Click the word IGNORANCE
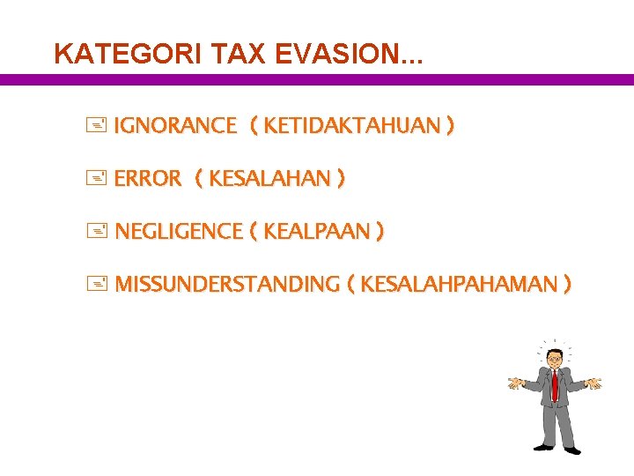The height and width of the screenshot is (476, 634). point(175,126)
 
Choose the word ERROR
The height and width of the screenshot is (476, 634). point(147,179)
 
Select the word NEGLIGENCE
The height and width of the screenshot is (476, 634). point(179,232)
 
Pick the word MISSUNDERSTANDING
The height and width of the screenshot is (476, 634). point(227,285)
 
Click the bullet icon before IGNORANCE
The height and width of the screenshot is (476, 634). point(97,126)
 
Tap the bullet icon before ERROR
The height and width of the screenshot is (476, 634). point(97,179)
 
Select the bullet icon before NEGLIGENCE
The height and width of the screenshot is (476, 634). point(97,232)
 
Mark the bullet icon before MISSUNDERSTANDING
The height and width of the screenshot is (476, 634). point(97,285)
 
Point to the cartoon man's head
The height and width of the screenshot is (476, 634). point(555,358)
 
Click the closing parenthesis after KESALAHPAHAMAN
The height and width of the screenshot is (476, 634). point(567,285)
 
